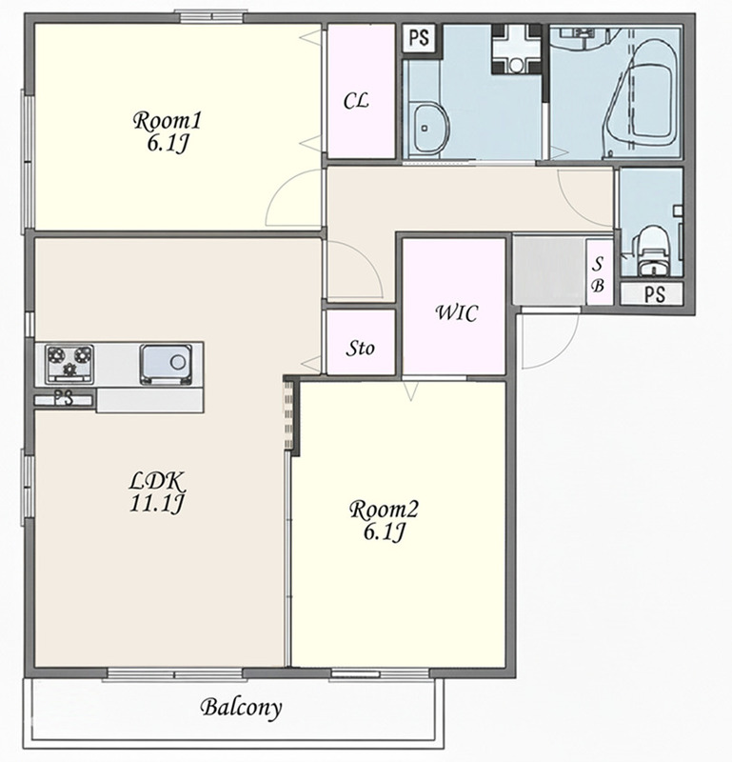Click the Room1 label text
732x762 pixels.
167,121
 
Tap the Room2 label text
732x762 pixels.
384,510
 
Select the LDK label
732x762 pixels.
157,481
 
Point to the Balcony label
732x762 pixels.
241,708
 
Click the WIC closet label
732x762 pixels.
456,313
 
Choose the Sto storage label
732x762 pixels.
360,348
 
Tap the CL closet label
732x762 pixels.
356,101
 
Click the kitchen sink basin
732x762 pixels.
166,363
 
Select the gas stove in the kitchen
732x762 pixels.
69,364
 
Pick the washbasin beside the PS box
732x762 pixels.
430,129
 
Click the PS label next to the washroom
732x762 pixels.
419,38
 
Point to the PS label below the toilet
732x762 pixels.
653,294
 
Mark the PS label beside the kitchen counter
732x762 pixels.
63,399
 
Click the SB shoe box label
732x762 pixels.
598,275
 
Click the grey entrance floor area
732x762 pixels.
549,271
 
